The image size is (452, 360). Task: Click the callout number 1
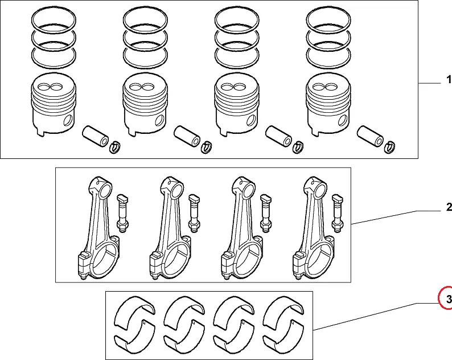[447, 83]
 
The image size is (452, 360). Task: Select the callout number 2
[448, 206]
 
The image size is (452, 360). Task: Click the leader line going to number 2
[393, 216]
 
